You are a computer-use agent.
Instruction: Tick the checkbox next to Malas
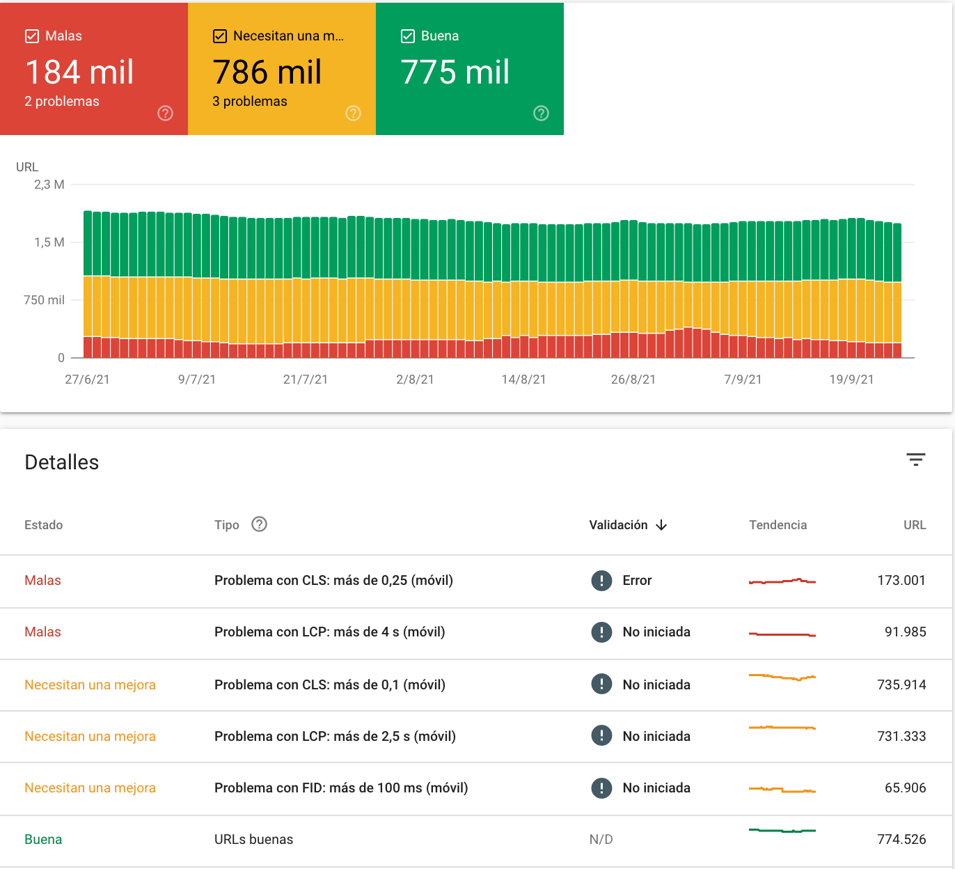tap(32, 36)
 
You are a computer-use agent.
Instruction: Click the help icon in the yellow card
tap(353, 113)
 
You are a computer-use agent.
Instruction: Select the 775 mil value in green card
tap(455, 72)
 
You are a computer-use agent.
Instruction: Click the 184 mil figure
tap(79, 72)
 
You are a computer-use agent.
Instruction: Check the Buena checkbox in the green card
tap(408, 36)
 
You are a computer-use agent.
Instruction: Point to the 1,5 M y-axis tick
tap(49, 242)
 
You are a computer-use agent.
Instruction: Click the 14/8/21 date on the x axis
tap(523, 379)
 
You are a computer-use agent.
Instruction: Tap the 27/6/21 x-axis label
tap(87, 379)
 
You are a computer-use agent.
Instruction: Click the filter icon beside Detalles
tap(915, 460)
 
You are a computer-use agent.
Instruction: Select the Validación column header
tap(618, 525)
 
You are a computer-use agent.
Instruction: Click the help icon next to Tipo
tap(259, 524)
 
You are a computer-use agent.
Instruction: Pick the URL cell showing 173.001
tap(901, 580)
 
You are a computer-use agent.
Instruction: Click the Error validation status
tap(636, 580)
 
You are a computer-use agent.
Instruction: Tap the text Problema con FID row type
tap(340, 788)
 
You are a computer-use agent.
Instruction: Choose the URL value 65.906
tap(905, 788)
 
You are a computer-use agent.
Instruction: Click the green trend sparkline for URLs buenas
tap(782, 831)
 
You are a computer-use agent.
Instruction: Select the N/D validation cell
tap(601, 839)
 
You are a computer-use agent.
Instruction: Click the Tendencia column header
tap(778, 525)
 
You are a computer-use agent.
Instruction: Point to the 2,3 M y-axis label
tap(49, 185)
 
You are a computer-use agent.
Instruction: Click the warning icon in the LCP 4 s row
tap(601, 632)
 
